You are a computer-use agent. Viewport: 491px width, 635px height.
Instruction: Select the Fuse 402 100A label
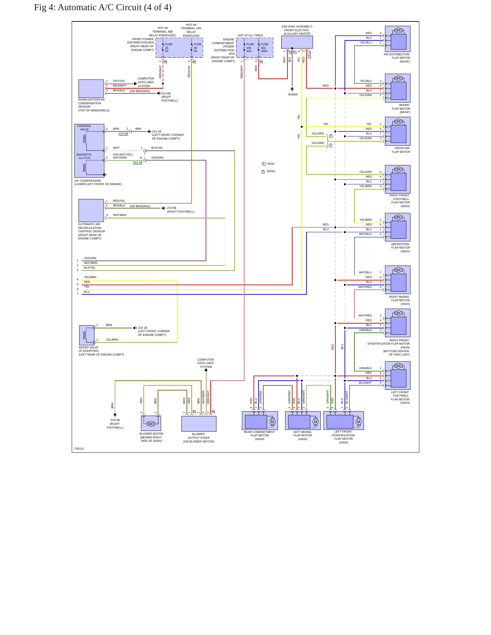pos(264,48)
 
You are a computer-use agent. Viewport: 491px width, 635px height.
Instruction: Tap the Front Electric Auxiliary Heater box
pos(297,42)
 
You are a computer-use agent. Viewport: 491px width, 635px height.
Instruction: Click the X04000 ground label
pos(293,94)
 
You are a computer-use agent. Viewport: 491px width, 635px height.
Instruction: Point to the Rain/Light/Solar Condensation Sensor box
pos(91,89)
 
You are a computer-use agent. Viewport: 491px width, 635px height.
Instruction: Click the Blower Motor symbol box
pos(151,423)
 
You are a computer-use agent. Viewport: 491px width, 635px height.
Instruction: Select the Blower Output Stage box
pos(199,424)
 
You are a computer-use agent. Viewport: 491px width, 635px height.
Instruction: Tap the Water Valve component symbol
pos(87,335)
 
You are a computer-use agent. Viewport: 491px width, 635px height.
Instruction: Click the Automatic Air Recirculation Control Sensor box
pos(91,211)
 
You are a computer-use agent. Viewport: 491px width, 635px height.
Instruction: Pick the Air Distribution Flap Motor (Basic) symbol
pos(398,39)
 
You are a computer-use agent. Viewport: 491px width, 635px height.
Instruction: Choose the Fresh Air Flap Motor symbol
pos(398,131)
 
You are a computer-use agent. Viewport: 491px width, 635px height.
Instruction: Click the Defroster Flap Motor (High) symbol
pos(398,227)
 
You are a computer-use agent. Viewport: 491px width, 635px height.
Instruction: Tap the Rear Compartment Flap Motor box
pos(260,420)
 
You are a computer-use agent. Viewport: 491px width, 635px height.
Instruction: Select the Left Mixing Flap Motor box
pos(303,420)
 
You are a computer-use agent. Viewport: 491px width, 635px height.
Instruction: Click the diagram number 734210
pos(79,449)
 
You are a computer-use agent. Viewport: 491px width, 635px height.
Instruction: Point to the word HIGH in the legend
pos(270,164)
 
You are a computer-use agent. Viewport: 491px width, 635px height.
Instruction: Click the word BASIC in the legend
pos(271,171)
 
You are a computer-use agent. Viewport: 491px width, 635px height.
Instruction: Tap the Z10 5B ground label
pos(115,420)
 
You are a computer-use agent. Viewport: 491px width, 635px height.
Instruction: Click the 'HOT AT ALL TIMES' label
pos(250,35)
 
